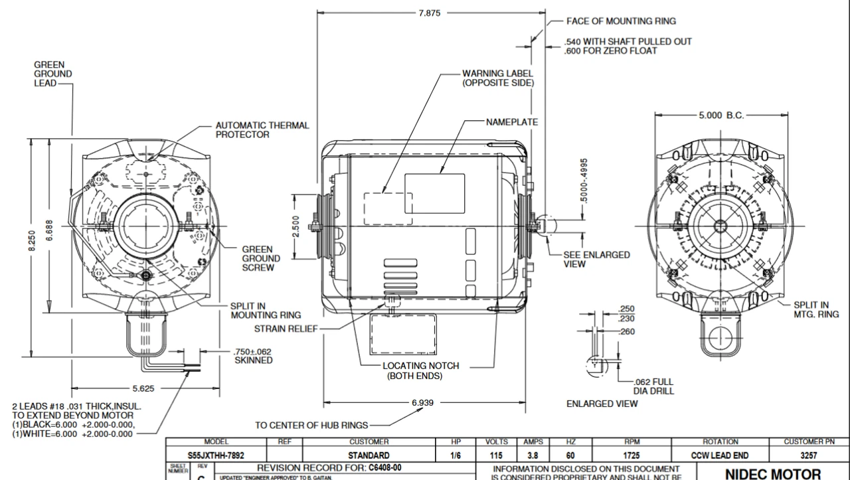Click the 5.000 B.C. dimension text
pos(721,115)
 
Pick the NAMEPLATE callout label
pos(511,123)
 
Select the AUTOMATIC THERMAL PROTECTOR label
pos(262,129)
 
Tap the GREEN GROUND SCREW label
pos(260,259)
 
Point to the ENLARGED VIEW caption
pos(602,404)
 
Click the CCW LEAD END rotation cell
pos(721,456)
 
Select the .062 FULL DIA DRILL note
pos(654,386)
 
